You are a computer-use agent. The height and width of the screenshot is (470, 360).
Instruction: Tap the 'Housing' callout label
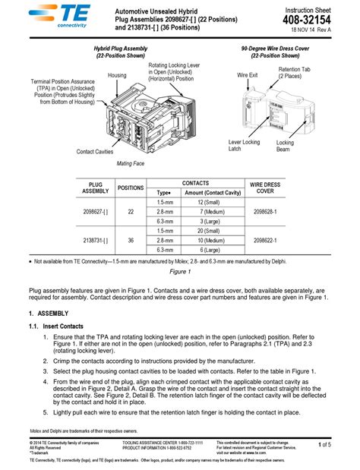[117, 76]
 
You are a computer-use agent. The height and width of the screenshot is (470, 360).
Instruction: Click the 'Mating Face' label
[130, 163]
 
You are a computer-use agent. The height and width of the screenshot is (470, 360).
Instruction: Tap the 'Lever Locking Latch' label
[244, 146]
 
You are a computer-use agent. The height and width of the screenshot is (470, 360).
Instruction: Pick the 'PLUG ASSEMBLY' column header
[95, 188]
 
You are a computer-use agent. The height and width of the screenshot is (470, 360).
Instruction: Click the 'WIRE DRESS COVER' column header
[265, 188]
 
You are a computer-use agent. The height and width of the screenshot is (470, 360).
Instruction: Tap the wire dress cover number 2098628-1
[265, 212]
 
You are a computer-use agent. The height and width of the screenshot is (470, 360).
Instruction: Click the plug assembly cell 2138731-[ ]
[95, 239]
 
